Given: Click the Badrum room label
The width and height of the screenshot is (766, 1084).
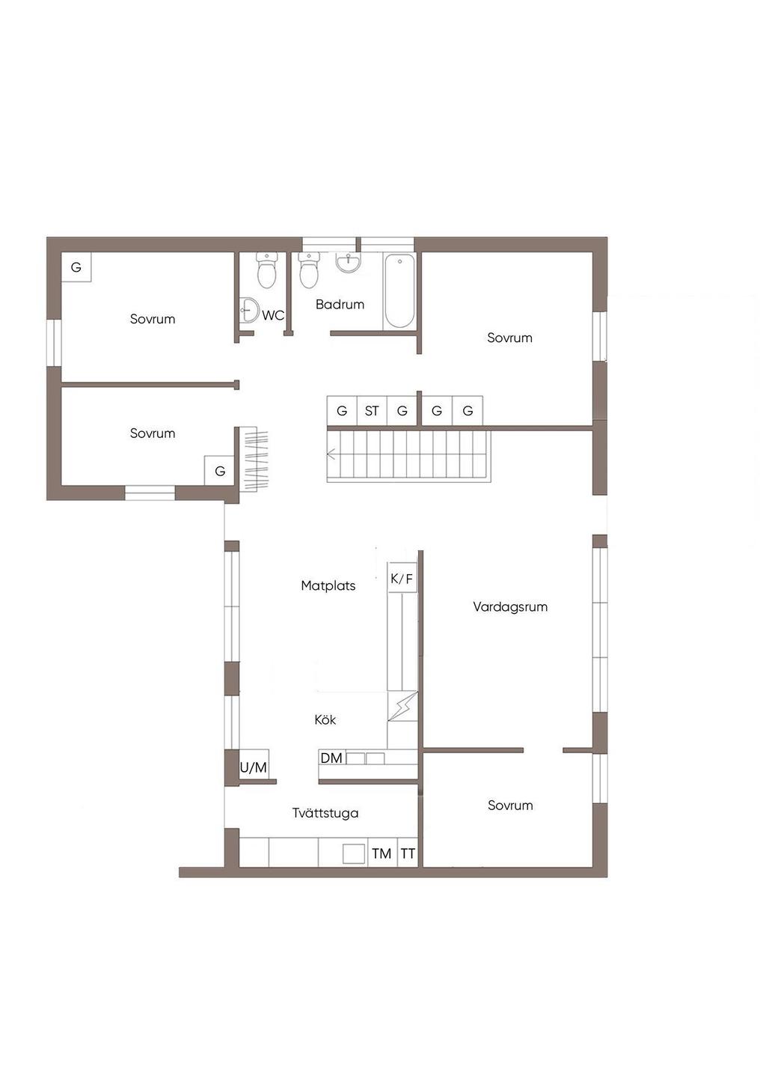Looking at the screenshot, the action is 340,305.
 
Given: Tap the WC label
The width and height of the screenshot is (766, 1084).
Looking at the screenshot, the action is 273,315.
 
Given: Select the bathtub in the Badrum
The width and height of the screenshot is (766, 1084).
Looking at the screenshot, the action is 399,291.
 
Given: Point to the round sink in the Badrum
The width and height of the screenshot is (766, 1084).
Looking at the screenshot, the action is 348,263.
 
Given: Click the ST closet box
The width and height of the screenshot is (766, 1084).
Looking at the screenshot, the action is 372,411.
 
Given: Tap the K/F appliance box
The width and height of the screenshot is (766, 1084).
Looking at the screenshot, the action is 402,578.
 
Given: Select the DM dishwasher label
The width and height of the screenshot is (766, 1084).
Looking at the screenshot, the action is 331,758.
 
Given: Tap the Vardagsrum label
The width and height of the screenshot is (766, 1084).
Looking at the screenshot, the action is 510,607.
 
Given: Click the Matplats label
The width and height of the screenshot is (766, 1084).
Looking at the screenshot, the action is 328,585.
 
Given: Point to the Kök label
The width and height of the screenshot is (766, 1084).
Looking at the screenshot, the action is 325,719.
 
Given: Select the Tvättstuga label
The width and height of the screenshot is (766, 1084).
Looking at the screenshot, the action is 325,813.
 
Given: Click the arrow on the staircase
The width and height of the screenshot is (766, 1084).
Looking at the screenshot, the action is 332,454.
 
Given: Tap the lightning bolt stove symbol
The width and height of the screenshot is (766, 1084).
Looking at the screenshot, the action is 402,706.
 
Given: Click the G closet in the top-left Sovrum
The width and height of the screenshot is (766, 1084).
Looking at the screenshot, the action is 76,267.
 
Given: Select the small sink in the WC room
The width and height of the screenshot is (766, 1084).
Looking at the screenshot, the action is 249,309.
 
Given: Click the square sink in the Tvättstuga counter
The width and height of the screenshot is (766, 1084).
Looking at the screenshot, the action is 354,853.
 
